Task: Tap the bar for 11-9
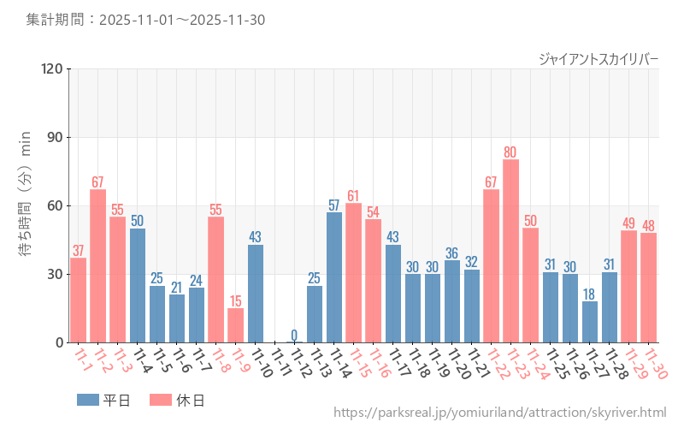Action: pos(235,325)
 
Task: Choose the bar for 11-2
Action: pos(97,265)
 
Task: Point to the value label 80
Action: pos(510,152)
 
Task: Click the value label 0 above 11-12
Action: pos(294,335)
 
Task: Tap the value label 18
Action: pos(589,294)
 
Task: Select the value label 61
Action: pos(353,196)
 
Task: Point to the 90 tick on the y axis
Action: pos(55,137)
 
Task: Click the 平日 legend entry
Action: pos(103,400)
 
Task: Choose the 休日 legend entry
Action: pos(176,400)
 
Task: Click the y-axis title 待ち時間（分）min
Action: pos(25,205)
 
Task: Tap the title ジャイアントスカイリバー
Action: pos(598,59)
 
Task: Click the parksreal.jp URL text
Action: pos(499,413)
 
